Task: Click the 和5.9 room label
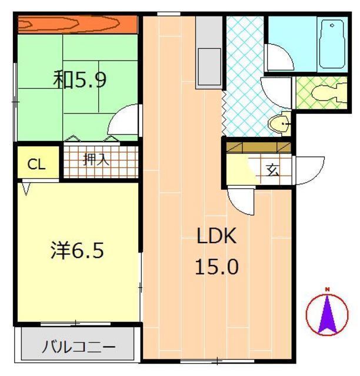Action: [79, 79]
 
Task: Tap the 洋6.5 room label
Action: [77, 250]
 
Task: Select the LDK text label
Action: [216, 236]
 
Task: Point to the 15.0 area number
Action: [216, 267]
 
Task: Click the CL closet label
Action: [36, 164]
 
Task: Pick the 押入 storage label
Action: [96, 159]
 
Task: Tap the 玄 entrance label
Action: [273, 170]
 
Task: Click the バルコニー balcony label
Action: [79, 347]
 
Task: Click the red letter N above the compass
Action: [327, 290]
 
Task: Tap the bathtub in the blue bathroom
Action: [332, 44]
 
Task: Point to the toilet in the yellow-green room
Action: [329, 93]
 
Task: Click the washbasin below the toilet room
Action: [279, 124]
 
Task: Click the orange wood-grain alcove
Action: [78, 25]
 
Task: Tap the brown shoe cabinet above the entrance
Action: [259, 147]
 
